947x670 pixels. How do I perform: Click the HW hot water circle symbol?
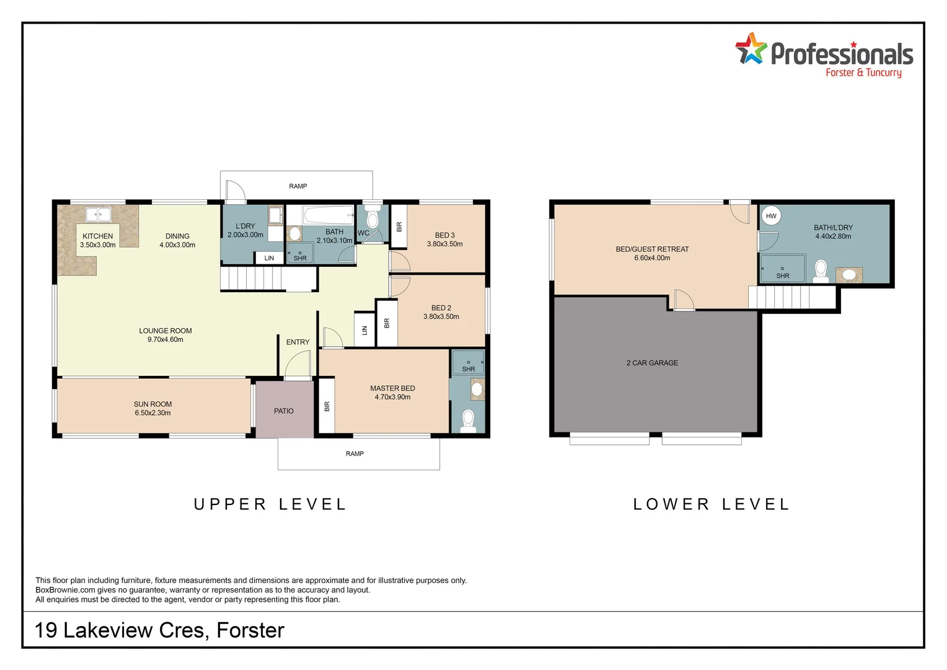pos(771,216)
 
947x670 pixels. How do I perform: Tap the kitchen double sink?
pos(98,214)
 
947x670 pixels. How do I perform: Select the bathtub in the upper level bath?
pos(328,215)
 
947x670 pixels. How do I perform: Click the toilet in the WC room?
pos(372,217)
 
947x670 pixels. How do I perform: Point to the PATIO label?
pos(283,411)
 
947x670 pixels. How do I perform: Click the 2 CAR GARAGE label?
pos(652,363)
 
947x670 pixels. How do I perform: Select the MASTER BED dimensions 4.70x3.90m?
pos(392,397)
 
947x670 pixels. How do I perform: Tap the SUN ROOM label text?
pos(152,404)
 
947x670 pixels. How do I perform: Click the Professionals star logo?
pos(751,48)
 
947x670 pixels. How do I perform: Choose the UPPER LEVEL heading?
pos(270,504)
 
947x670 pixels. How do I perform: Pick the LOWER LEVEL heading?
pos(711,504)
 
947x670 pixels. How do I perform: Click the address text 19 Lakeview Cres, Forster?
pos(159,630)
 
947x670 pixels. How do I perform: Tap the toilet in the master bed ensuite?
pos(467,421)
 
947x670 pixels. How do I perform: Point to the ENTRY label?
pos(297,342)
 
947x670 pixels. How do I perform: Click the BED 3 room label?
pos(445,235)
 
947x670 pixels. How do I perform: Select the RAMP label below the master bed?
pos(355,453)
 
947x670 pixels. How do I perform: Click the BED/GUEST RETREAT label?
pos(653,249)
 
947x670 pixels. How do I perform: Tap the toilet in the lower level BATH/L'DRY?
pos(821,271)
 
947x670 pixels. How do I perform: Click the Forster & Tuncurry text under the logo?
pos(864,73)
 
